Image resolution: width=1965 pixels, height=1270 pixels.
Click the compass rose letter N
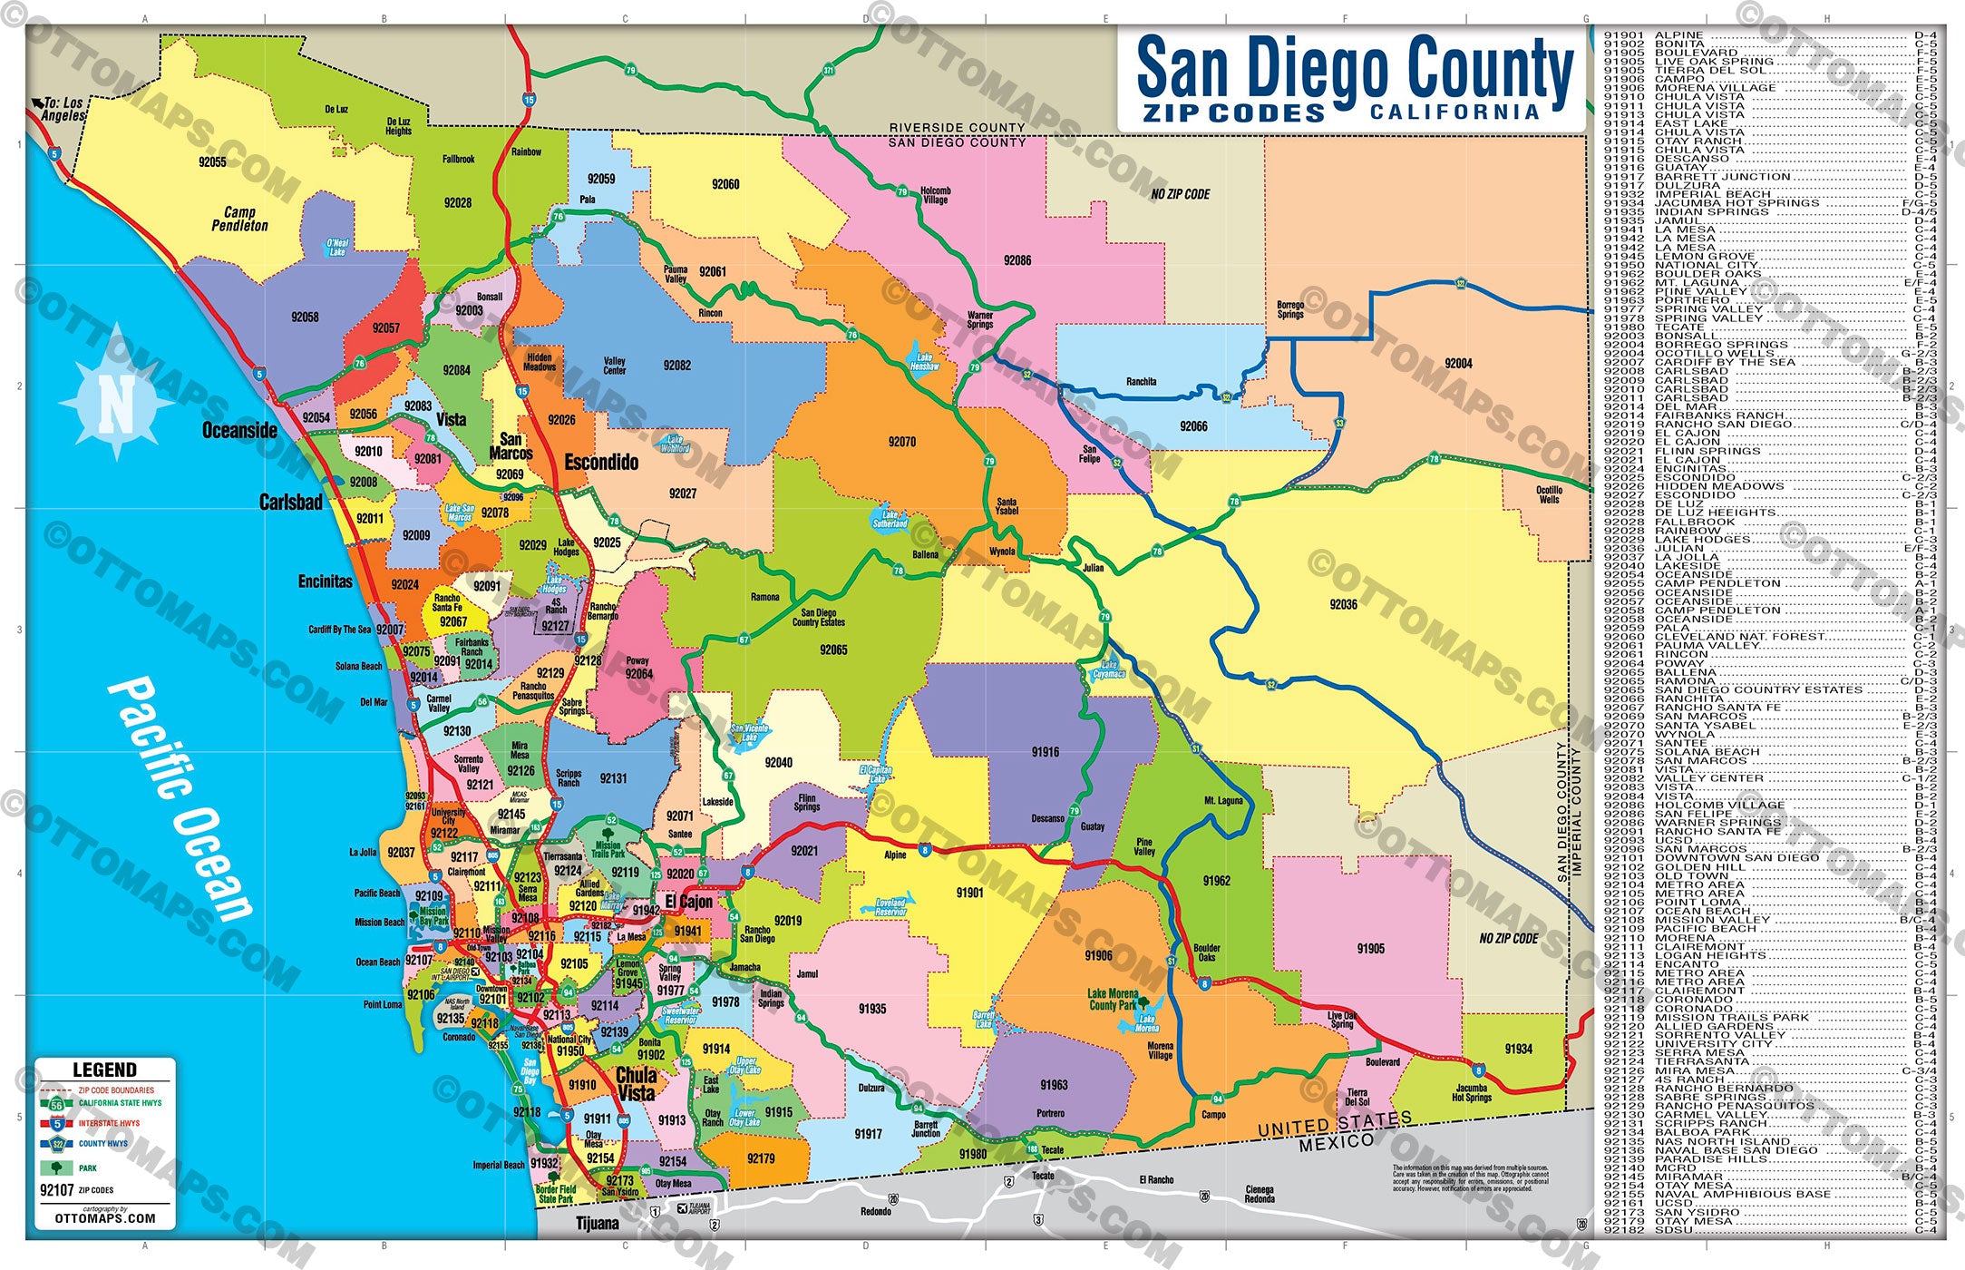coord(115,405)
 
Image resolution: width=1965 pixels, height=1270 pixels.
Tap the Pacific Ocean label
coord(181,798)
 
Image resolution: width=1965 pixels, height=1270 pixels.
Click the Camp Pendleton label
coord(239,219)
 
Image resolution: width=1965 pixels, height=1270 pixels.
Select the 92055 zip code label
coord(212,162)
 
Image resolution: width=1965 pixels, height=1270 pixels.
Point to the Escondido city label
coord(601,463)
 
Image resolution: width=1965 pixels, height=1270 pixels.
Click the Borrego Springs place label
coord(1290,309)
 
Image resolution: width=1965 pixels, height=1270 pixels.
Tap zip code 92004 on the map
coord(1458,364)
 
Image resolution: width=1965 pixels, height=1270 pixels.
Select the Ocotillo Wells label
coord(1549,494)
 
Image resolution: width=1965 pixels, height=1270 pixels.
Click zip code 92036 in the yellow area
coord(1343,604)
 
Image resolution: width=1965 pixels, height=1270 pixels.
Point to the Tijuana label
coord(598,1223)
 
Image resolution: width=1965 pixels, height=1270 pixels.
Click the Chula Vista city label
coord(636,1084)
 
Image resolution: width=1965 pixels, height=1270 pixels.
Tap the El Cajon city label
coord(689,902)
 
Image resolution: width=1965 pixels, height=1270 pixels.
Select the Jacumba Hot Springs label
coord(1471,1092)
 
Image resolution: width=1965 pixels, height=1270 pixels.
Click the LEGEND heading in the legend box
coord(104,1070)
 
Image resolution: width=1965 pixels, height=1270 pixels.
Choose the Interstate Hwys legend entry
coord(109,1123)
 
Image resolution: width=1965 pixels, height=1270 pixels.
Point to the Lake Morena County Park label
coord(1113,999)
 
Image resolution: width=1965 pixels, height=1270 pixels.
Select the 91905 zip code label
coord(1370,949)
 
